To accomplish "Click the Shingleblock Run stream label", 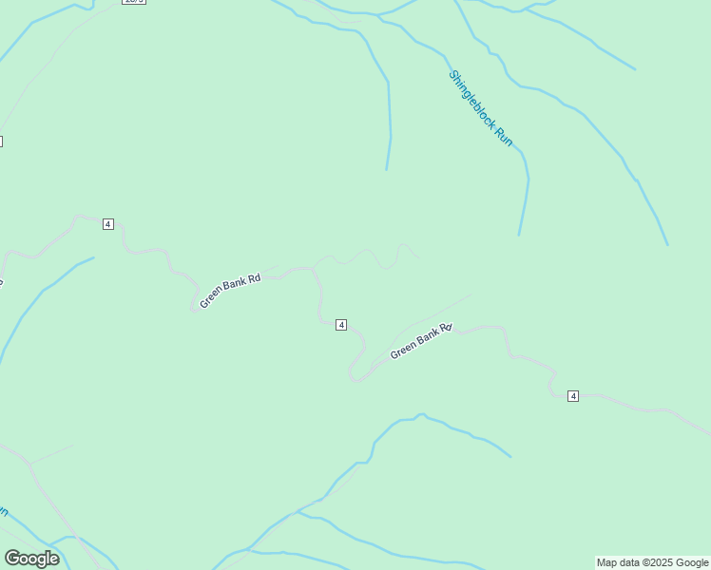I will point(481,108).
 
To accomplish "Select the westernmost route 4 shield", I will point(108,224).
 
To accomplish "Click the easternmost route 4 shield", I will point(573,395).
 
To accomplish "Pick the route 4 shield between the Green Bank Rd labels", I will point(341,325).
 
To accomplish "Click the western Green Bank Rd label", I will point(230,293).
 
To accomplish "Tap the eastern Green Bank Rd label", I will point(421,341).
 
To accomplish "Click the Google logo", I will point(31,559).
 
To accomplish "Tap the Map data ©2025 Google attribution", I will point(652,562).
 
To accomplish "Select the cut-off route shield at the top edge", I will point(134,2).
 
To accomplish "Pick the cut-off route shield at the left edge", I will point(1,142).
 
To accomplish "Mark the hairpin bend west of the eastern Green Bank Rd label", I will point(355,378).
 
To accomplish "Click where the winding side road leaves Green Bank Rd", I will point(314,267).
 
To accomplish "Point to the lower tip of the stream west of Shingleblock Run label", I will point(386,169).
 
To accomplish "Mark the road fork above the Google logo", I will point(31,465).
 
